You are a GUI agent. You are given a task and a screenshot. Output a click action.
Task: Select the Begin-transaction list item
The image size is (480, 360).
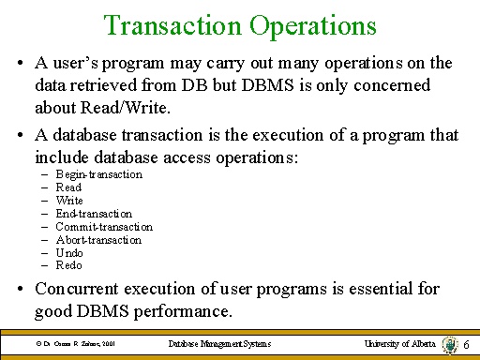coord(98,174)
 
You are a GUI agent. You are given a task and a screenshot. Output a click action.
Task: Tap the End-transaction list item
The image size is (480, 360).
coord(94,214)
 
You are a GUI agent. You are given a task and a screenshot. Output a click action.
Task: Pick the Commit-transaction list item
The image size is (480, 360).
coord(103,227)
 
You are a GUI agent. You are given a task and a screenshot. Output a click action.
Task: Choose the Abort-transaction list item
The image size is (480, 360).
coord(98,240)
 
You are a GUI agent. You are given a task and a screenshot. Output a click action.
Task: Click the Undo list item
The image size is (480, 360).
coord(70,253)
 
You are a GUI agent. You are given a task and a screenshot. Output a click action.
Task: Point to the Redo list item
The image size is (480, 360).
coord(70,266)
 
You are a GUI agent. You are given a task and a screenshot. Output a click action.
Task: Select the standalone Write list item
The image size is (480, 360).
coord(69,201)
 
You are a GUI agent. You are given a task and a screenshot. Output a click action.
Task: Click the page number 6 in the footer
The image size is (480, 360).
coord(466,346)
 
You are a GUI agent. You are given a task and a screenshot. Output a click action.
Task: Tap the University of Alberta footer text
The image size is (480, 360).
coord(400,345)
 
